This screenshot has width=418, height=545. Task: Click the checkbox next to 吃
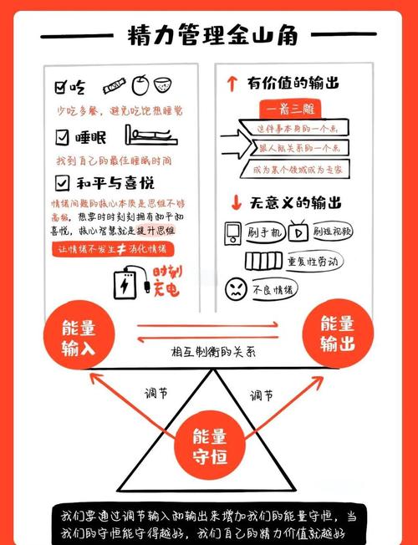61,86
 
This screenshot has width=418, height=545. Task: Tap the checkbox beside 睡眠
62,135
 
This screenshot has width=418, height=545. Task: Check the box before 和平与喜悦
62,181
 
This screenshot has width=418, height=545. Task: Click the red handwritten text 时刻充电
166,282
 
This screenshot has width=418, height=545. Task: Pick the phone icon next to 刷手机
234,232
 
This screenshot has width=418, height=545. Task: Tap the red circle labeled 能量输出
336,333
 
